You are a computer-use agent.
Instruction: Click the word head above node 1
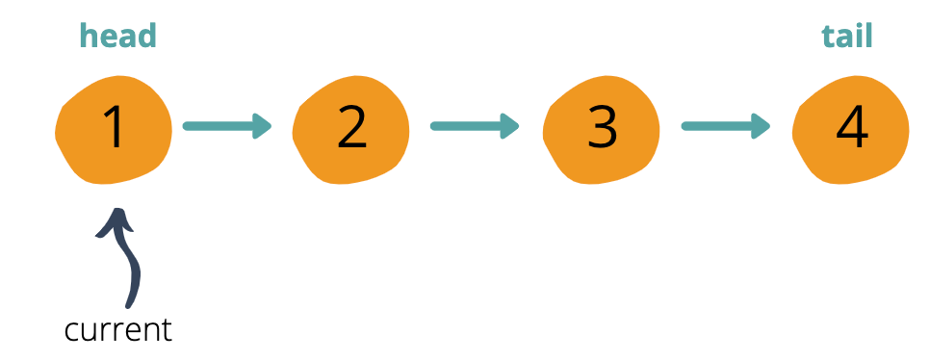tap(117, 37)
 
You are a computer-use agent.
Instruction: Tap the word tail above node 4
tap(846, 37)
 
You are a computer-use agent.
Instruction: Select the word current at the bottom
tap(117, 330)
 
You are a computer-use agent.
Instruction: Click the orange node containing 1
tap(114, 129)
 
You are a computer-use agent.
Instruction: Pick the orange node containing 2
tap(351, 129)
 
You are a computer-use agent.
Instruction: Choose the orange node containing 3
tap(602, 129)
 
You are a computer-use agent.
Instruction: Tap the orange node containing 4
tap(851, 129)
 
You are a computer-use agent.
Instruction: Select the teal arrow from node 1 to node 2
tap(227, 125)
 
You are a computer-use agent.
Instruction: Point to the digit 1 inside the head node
tap(115, 128)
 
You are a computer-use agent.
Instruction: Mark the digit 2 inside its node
tap(351, 128)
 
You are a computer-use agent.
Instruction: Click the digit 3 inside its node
tap(602, 128)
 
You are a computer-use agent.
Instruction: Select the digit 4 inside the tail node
tap(852, 128)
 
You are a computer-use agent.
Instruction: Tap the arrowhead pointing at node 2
tap(262, 125)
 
